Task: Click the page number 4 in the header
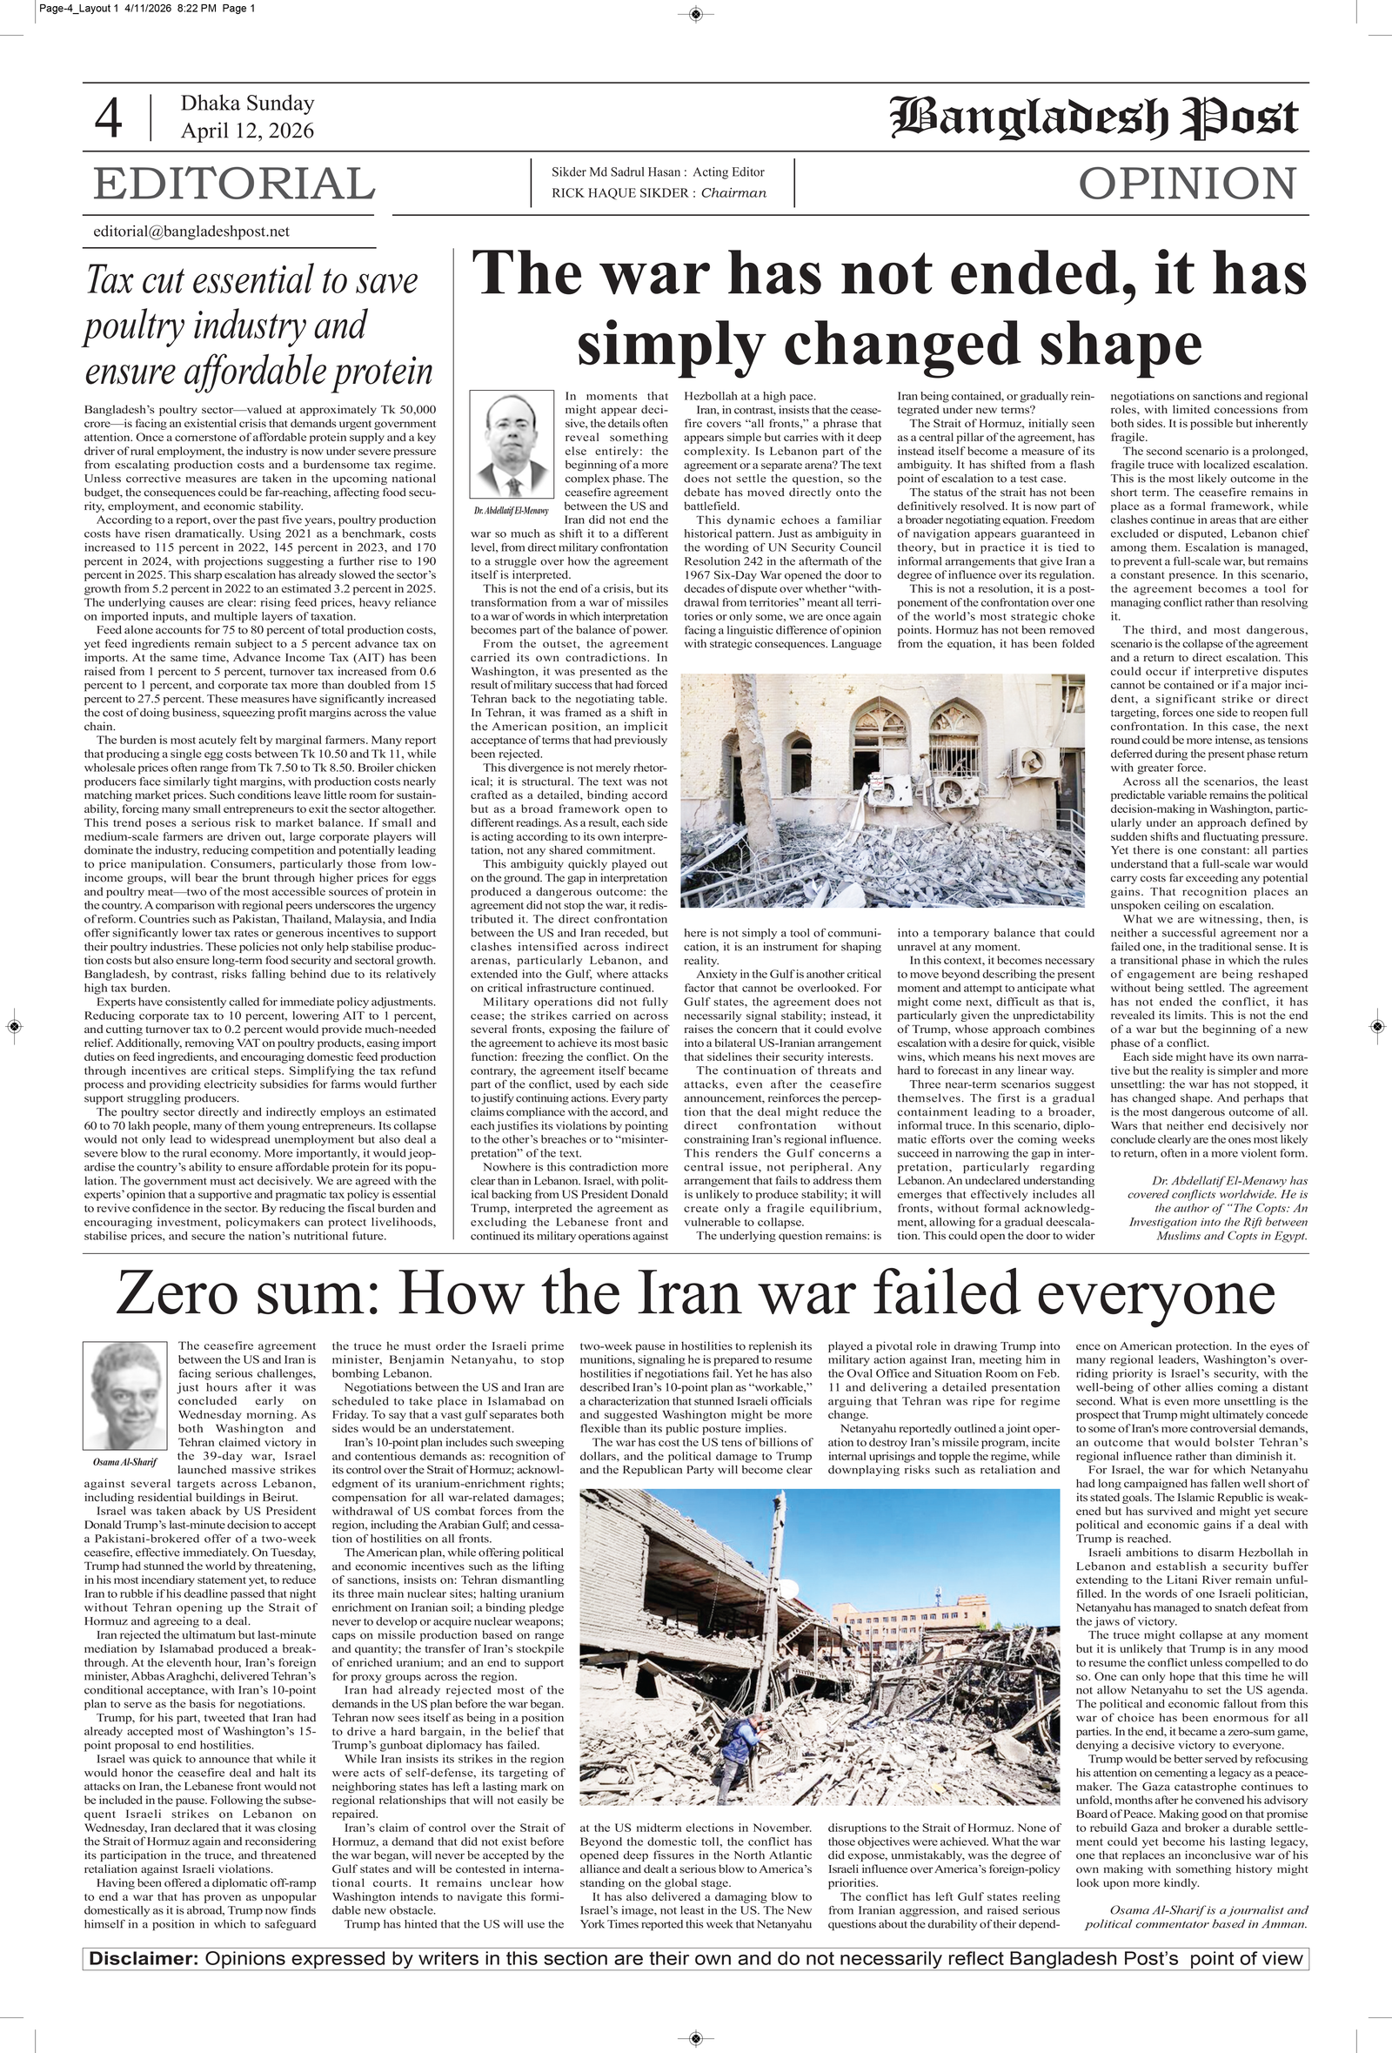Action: click(x=108, y=118)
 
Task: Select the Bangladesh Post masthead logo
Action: click(x=1094, y=118)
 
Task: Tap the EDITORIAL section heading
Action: click(x=234, y=184)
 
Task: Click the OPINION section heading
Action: click(x=1187, y=184)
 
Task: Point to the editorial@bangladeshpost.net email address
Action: click(x=191, y=231)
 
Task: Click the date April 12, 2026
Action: click(x=247, y=131)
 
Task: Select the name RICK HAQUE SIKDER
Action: click(x=622, y=193)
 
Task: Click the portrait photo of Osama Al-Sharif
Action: click(x=124, y=1395)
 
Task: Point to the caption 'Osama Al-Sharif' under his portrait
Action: click(x=124, y=1461)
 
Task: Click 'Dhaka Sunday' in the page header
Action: click(x=247, y=104)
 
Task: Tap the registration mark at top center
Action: click(x=695, y=13)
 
